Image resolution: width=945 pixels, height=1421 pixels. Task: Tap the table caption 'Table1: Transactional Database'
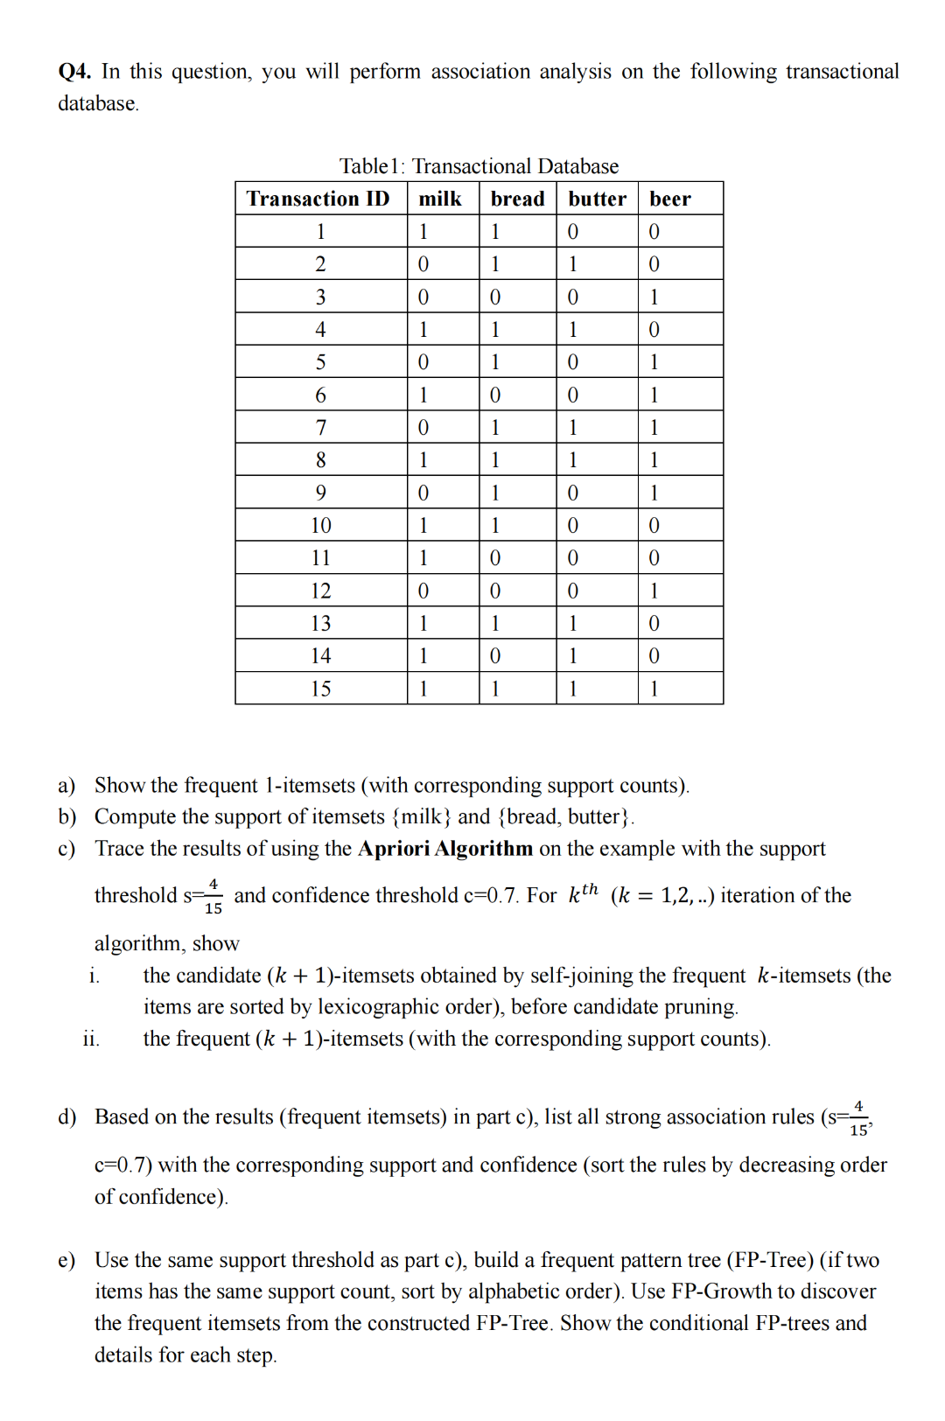click(x=479, y=166)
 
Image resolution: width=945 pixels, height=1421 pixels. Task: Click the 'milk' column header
click(x=440, y=199)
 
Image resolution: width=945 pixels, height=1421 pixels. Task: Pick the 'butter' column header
click(x=597, y=199)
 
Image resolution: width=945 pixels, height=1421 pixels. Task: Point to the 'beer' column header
click(x=670, y=199)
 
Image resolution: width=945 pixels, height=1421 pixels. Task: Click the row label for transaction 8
click(x=320, y=460)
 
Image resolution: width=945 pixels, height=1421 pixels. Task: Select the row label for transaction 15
click(x=320, y=689)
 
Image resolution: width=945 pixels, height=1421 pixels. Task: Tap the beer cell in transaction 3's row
click(x=654, y=297)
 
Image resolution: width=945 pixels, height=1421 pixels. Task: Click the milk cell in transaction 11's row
click(x=423, y=558)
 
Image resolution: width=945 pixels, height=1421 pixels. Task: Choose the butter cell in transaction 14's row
click(x=573, y=655)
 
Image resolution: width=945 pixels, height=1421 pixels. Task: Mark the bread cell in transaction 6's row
click(x=495, y=395)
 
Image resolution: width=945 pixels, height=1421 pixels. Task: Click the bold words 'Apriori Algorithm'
click(x=445, y=849)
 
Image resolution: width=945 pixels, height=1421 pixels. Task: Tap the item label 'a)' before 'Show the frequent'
click(x=66, y=786)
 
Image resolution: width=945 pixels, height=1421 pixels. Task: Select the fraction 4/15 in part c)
click(x=213, y=897)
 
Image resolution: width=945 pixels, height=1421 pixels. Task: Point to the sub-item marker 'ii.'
click(x=91, y=1039)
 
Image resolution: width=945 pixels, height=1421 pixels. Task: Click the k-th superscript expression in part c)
click(x=584, y=893)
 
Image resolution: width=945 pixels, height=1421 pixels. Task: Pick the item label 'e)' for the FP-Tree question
click(x=66, y=1260)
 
